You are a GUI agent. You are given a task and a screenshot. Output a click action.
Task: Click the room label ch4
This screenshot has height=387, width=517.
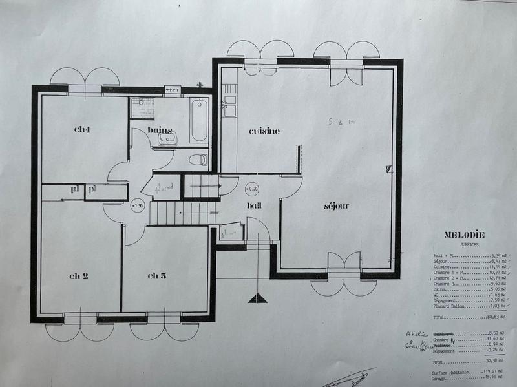click(x=82, y=129)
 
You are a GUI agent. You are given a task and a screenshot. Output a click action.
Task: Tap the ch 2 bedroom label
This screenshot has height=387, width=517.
click(x=79, y=276)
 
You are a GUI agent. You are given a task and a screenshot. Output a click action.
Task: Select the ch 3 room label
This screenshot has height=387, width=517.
click(x=157, y=276)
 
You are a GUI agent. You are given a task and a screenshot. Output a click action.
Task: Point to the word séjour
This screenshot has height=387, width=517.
click(x=336, y=206)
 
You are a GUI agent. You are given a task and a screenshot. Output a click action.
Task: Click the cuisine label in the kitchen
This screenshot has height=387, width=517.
click(x=265, y=131)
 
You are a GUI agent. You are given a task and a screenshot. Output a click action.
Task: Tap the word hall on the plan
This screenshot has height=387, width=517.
click(x=253, y=205)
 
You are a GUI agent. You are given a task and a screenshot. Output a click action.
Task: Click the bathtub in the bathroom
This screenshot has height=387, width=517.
click(x=199, y=120)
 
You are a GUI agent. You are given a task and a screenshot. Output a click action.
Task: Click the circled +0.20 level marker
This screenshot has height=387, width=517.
click(x=252, y=189)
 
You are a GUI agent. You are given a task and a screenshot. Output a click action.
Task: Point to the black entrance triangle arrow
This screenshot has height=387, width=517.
click(x=257, y=298)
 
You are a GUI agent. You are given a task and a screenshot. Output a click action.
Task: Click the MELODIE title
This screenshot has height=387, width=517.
click(x=464, y=235)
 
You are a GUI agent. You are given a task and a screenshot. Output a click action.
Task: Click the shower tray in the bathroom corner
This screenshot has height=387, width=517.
click(x=142, y=108)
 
